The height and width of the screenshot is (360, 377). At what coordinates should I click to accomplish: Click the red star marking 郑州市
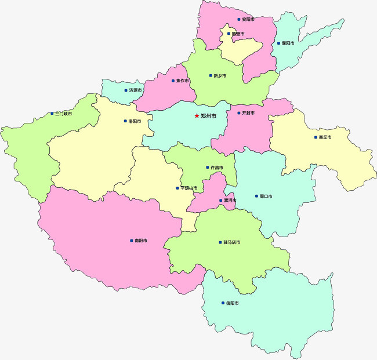197,116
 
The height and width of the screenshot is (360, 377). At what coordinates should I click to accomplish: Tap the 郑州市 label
208,116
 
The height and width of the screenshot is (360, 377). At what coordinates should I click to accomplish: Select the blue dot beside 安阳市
238,19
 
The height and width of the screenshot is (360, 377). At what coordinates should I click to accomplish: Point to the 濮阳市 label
288,43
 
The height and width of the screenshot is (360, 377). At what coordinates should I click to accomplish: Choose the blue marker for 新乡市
211,75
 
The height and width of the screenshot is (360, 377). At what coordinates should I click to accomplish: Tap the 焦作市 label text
182,81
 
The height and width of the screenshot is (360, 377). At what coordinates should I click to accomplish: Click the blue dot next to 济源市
126,90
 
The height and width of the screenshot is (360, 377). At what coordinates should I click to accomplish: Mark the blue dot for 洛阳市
125,121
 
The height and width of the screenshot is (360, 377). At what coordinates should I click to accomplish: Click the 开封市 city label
248,113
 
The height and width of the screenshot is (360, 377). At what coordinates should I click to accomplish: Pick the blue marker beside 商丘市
316,137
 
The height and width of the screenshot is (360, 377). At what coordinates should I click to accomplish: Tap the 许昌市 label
216,168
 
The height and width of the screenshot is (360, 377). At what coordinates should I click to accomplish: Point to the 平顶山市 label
189,188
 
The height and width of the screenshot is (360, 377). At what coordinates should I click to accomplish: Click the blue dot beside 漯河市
220,200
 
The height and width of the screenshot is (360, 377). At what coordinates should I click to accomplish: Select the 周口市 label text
266,196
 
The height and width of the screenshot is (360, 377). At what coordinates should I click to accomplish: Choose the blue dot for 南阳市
131,241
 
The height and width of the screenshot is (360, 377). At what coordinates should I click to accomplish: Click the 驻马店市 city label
231,242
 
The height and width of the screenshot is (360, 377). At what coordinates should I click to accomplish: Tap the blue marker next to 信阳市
223,303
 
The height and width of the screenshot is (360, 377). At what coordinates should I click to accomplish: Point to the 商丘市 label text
325,137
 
